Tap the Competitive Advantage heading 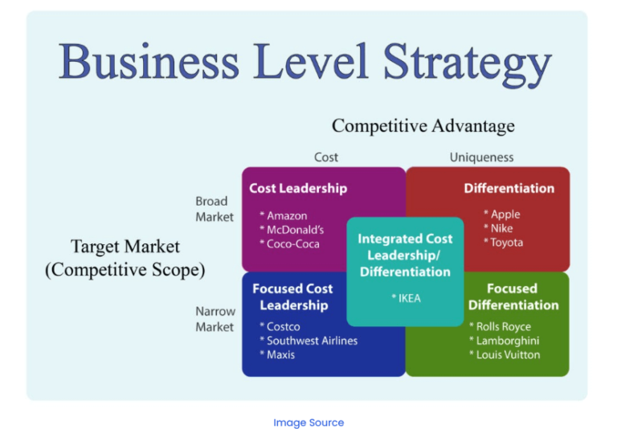point(423,126)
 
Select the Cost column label point(325,157)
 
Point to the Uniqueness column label point(481,157)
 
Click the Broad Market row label point(215,209)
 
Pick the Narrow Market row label point(215,319)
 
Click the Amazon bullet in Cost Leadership point(283,216)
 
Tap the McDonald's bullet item point(292,230)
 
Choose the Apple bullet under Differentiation point(502,214)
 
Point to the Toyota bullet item point(504,243)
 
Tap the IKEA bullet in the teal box point(406,298)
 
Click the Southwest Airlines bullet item point(308,341)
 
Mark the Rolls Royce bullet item point(500,326)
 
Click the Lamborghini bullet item point(504,341)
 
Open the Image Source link point(308,423)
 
